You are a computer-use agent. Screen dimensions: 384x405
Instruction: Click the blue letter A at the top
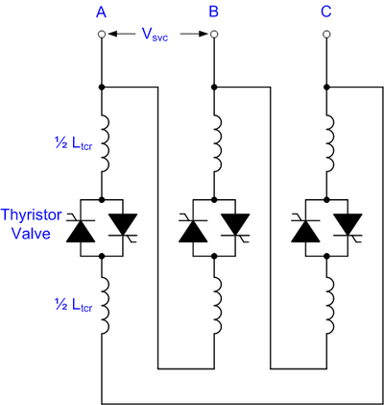click(101, 12)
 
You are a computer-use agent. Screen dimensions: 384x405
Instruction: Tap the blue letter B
click(214, 12)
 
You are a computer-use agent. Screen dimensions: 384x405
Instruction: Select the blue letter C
click(326, 12)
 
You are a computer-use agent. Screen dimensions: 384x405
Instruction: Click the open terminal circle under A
click(102, 34)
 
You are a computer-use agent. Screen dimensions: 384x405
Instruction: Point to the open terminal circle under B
click(214, 34)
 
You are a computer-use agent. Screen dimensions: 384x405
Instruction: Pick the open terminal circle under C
click(326, 34)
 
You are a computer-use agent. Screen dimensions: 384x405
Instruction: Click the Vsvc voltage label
click(155, 35)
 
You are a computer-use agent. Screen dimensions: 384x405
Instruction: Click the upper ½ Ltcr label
click(74, 144)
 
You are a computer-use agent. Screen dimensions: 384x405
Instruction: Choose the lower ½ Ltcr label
click(74, 306)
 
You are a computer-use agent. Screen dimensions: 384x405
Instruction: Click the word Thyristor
click(31, 215)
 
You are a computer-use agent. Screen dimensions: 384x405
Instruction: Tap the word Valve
click(31, 233)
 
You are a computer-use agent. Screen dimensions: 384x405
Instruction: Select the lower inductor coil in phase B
click(218, 306)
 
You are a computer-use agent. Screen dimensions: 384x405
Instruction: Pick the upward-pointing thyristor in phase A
click(81, 229)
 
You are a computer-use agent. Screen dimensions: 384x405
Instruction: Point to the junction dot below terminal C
click(326, 87)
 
